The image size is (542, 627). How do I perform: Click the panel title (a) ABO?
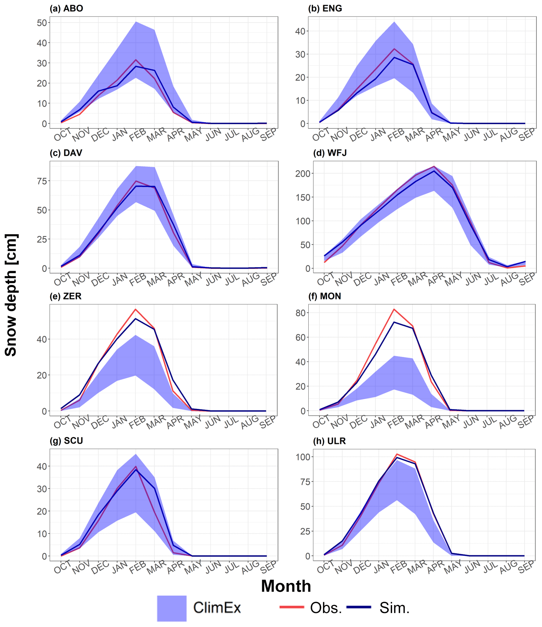(x=66, y=8)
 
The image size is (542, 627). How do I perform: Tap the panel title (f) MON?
(x=325, y=296)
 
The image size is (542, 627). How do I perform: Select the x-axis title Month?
(x=286, y=586)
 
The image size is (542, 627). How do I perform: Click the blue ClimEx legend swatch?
(x=172, y=608)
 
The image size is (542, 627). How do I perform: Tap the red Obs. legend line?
(x=292, y=607)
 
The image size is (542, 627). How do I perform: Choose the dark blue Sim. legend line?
(x=359, y=607)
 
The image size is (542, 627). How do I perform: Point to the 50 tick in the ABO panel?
(x=42, y=23)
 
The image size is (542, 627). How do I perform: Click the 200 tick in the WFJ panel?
(x=303, y=174)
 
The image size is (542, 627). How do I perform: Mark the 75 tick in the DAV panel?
(x=42, y=181)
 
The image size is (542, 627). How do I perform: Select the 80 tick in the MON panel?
(x=301, y=313)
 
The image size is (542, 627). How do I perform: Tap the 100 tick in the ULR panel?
(x=303, y=457)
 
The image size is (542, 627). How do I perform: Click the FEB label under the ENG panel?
(x=396, y=136)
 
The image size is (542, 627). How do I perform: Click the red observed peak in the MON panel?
(x=394, y=309)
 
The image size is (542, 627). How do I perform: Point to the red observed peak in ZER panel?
(x=135, y=309)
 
